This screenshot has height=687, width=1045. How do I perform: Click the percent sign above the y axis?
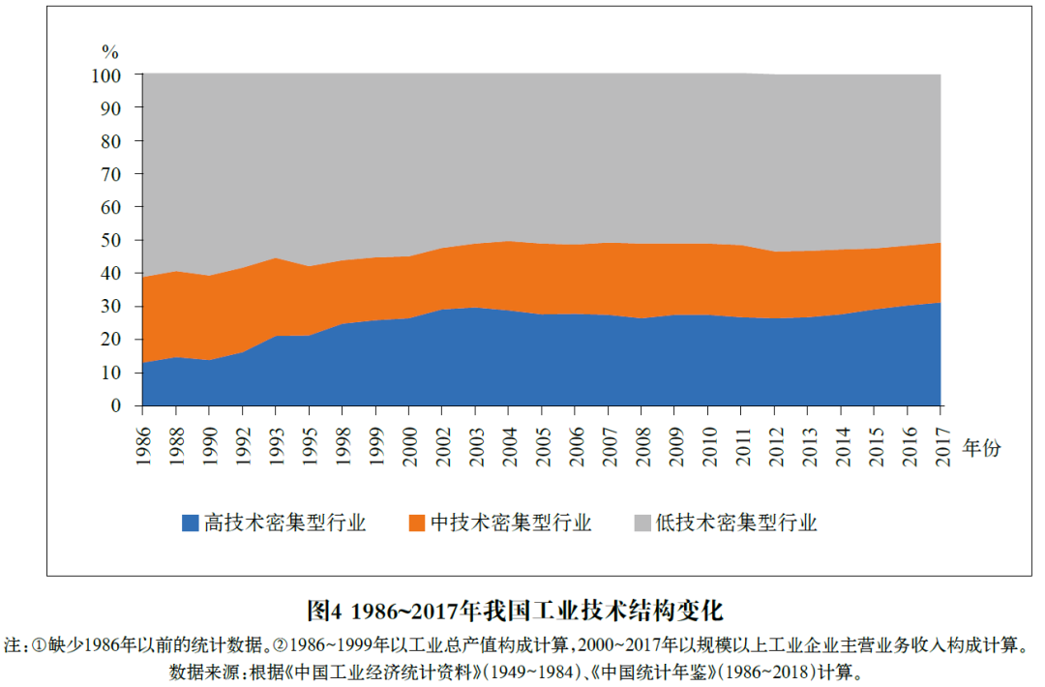[111, 50]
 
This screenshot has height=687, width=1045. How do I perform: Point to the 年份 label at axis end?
[981, 448]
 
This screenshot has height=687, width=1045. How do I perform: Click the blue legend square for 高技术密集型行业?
[191, 523]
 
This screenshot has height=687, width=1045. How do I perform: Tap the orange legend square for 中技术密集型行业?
[416, 523]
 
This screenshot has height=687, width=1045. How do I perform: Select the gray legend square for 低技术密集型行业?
[642, 523]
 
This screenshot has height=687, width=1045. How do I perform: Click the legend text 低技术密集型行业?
[736, 523]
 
